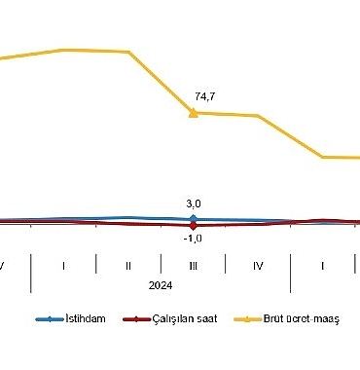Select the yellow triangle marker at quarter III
(x=193, y=113)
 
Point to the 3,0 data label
(x=193, y=203)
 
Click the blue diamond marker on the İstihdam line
(x=193, y=219)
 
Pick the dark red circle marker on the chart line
(x=193, y=226)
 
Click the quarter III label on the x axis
(x=193, y=265)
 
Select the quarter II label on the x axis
(x=128, y=265)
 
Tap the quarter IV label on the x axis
(x=258, y=265)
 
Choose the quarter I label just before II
(x=63, y=265)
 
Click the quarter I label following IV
(x=322, y=265)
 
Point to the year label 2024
(x=161, y=285)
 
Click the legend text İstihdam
(x=85, y=318)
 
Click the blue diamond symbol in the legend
(x=45, y=318)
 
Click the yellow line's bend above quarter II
(x=128, y=53)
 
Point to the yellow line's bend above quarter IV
(x=258, y=116)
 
